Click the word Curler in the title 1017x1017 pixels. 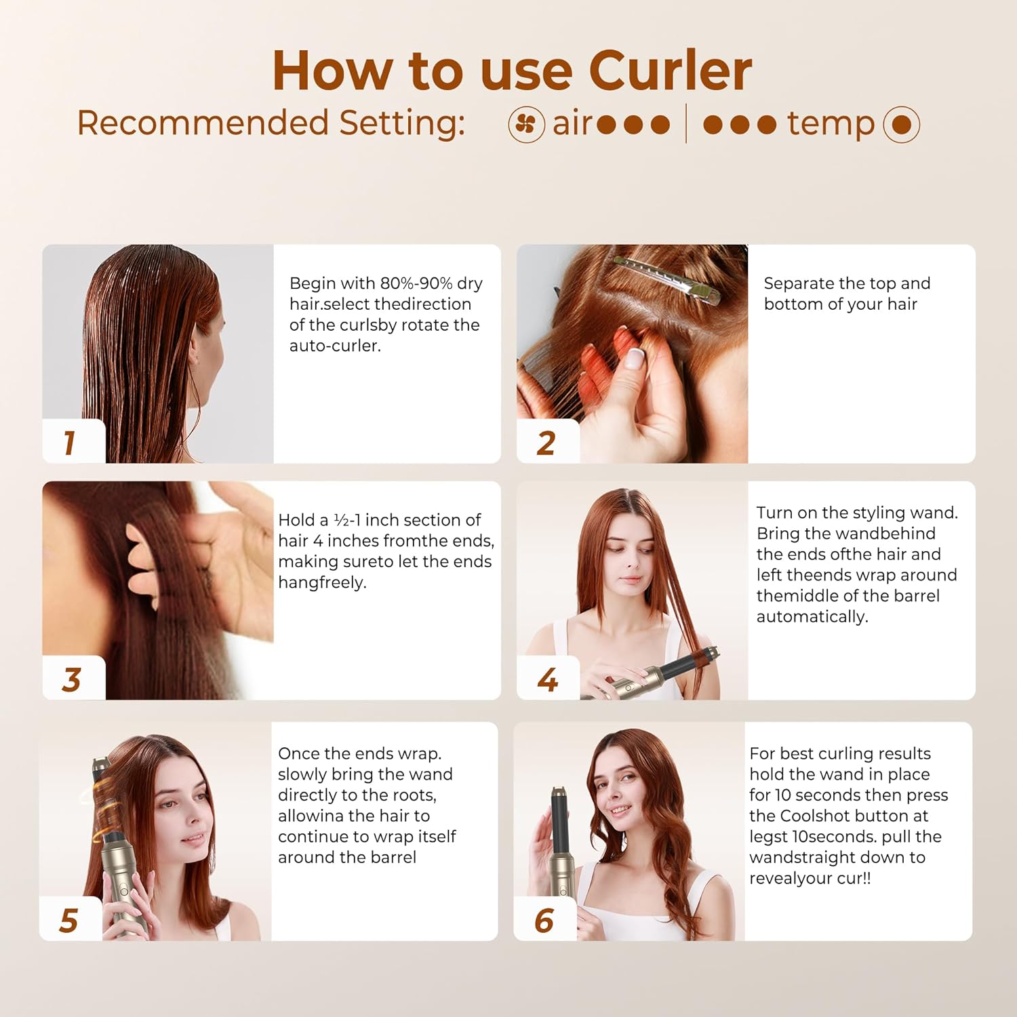pyautogui.click(x=670, y=71)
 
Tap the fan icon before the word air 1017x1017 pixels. pyautogui.click(x=526, y=125)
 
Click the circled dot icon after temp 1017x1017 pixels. pyautogui.click(x=901, y=125)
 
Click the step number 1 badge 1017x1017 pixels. pyautogui.click(x=70, y=443)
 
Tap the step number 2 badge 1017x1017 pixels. pyautogui.click(x=546, y=443)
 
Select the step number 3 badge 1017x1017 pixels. pyautogui.click(x=71, y=679)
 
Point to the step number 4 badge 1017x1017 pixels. pyautogui.click(x=547, y=679)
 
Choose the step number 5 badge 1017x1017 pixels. pyautogui.click(x=68, y=920)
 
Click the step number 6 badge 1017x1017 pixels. pyautogui.click(x=544, y=920)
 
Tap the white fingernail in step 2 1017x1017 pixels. pyautogui.click(x=635, y=358)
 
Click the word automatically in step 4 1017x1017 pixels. pyautogui.click(x=812, y=617)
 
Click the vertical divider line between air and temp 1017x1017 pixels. pyautogui.click(x=686, y=124)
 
